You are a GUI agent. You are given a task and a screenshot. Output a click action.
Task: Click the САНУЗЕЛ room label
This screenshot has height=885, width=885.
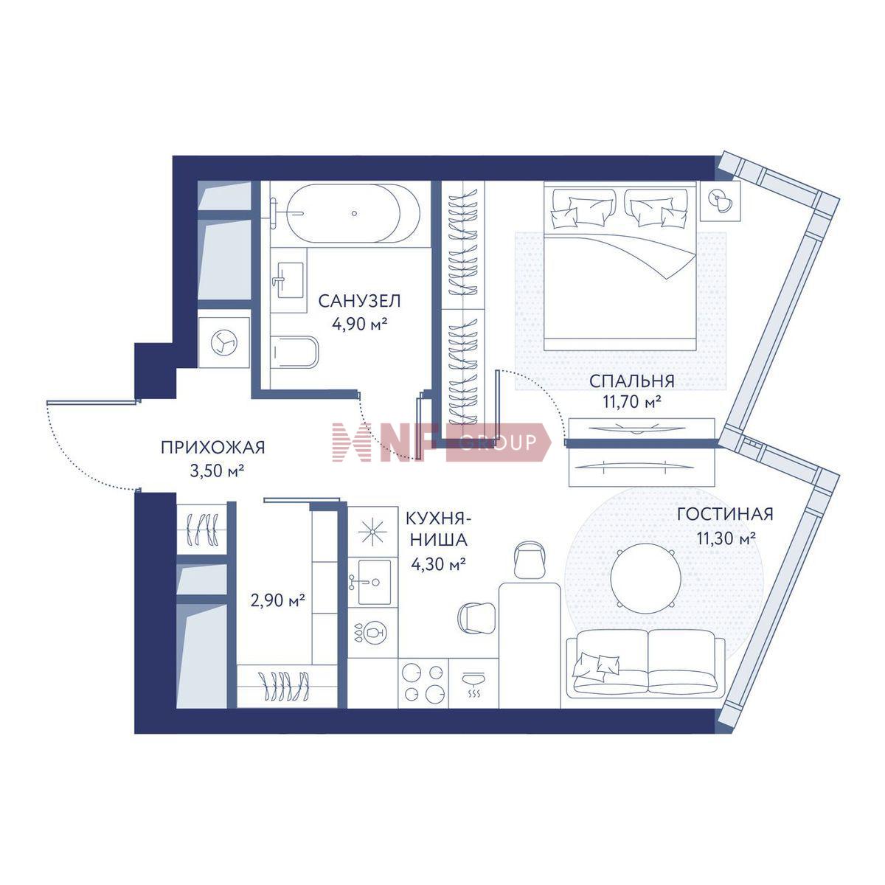tap(360, 302)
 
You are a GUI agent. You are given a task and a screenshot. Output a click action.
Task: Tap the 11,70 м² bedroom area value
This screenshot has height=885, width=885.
tap(632, 403)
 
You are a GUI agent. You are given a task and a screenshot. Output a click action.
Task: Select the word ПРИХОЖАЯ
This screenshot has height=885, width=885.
tap(213, 448)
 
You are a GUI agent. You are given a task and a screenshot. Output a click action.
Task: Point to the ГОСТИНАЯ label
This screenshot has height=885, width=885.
tap(726, 514)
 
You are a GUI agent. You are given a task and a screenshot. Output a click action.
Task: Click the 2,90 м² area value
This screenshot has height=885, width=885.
tap(278, 600)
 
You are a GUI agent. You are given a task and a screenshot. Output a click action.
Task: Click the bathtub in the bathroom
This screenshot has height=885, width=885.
tap(353, 213)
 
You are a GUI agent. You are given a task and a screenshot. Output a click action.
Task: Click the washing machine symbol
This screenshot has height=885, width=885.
tap(224, 343)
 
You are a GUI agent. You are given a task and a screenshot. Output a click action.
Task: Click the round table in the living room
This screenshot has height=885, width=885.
tap(646, 580)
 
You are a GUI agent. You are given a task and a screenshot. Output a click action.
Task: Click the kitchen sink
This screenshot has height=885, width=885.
tap(369, 582)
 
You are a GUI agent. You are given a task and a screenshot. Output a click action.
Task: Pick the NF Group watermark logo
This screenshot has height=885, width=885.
tap(441, 442)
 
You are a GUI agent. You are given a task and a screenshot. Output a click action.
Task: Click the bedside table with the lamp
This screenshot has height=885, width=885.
tap(721, 201)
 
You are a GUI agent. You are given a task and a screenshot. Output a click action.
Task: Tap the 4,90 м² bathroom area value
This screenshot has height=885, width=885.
tap(360, 324)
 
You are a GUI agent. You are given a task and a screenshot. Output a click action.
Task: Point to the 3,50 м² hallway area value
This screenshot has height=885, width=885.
tap(217, 471)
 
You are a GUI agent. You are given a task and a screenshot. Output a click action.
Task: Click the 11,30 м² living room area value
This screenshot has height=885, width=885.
tap(726, 538)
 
